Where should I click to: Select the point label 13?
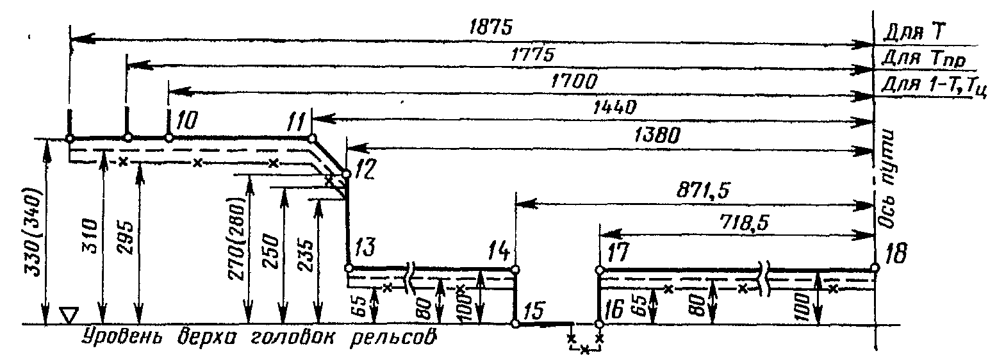tap(361, 247)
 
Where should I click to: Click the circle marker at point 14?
tap(515, 268)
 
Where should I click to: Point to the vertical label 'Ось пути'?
tap(887, 174)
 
